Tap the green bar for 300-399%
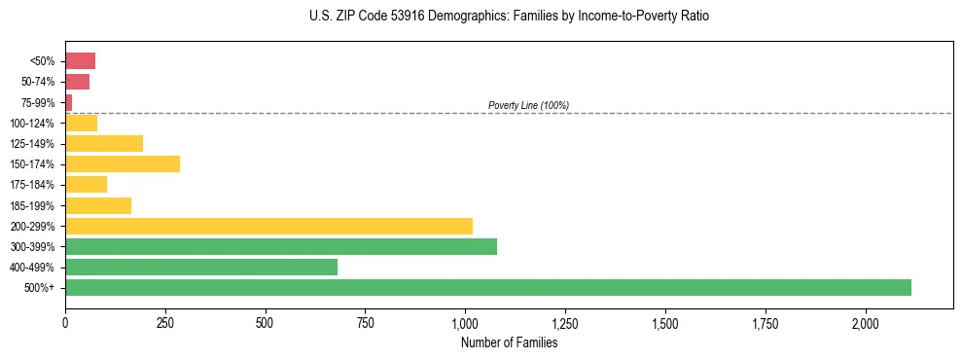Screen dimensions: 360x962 [281, 246]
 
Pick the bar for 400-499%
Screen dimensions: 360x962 [201, 267]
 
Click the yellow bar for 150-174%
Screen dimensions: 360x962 [123, 163]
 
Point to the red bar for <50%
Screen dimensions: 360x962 [80, 61]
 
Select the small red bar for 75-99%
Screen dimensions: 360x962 [69, 102]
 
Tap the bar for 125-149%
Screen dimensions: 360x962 [104, 143]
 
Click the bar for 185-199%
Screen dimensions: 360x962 [98, 205]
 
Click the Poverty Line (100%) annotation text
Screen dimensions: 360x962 [528, 105]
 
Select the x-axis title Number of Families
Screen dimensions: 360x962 [509, 342]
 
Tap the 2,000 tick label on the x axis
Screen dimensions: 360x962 [865, 323]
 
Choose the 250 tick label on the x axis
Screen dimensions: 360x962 [165, 323]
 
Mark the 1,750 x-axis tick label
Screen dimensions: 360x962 [766, 323]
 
